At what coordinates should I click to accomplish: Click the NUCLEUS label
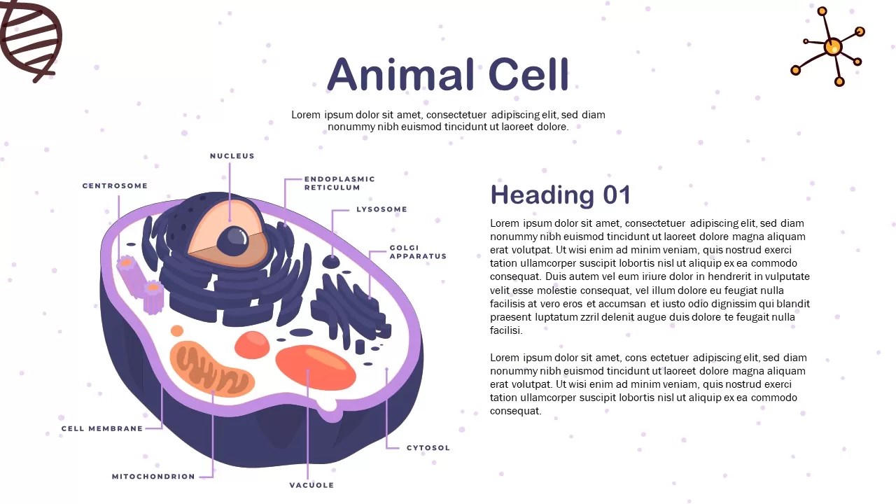232,156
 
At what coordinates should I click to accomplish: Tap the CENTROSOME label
115,186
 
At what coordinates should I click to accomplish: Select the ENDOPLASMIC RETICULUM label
339,183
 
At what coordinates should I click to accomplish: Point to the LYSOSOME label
381,209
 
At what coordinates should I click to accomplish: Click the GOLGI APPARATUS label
418,252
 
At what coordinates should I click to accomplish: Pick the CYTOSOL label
428,448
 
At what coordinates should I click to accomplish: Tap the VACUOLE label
311,485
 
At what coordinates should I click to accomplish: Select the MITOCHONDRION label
153,477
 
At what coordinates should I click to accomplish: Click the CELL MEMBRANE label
102,428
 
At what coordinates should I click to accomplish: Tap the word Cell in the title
528,75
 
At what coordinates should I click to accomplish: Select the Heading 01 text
560,195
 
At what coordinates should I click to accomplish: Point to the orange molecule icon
832,48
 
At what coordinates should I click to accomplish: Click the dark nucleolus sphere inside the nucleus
233,241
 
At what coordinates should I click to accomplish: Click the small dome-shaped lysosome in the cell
331,262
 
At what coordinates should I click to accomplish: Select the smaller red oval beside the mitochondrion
252,344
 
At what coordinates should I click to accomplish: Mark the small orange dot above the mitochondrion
177,330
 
